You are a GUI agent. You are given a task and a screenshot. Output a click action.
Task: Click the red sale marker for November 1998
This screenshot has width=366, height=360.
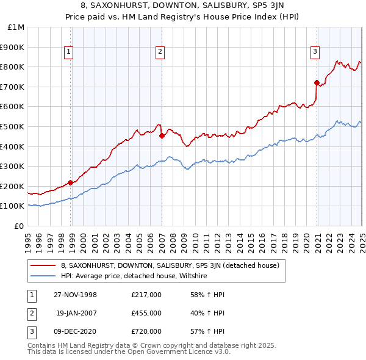pyautogui.click(x=71, y=182)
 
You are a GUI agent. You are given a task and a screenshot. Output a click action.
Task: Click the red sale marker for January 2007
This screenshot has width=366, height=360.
pyautogui.click(x=162, y=136)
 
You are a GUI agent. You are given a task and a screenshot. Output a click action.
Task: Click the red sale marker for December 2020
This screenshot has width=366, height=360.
pyautogui.click(x=317, y=82)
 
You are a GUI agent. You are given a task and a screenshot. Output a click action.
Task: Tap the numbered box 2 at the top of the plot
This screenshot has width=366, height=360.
pyautogui.click(x=159, y=52)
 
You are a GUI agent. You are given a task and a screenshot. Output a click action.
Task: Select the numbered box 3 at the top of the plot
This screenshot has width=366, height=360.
pyautogui.click(x=315, y=52)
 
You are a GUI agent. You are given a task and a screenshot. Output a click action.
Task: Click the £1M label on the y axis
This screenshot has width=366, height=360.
pyautogui.click(x=17, y=27)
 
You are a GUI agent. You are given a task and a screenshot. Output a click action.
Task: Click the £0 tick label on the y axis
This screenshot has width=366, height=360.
pyautogui.click(x=20, y=226)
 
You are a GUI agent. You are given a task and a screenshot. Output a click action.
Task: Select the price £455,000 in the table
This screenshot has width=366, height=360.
pyautogui.click(x=146, y=313)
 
